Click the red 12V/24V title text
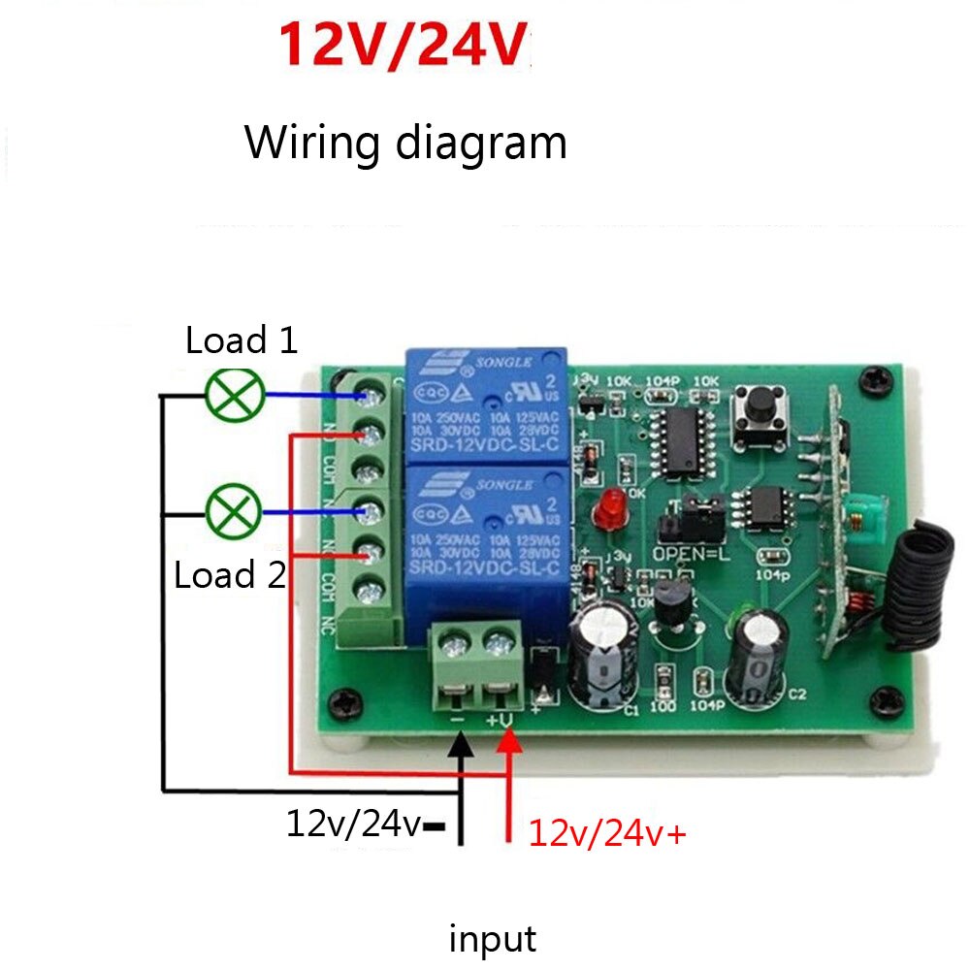click(405, 46)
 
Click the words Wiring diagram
click(405, 143)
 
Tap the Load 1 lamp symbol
click(236, 393)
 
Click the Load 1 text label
click(242, 340)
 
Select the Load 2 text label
click(230, 575)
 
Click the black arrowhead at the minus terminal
click(462, 746)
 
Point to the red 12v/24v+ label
click(607, 832)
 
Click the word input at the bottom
click(492, 939)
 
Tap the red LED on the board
click(611, 506)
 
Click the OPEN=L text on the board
click(689, 555)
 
